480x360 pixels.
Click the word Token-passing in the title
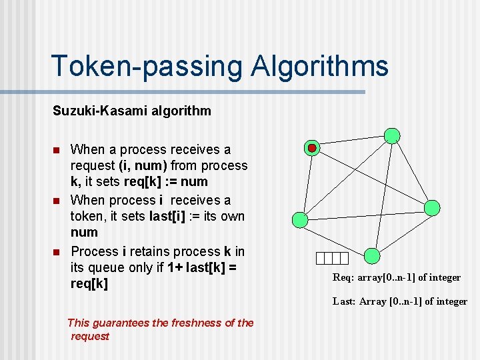tap(145, 67)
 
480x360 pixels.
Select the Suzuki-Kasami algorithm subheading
tap(132, 111)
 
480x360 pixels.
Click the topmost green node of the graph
tap(393, 136)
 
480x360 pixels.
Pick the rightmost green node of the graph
tap(432, 207)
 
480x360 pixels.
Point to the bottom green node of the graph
tap(373, 256)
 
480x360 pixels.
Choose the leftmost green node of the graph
tap(301, 219)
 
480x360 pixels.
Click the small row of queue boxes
tap(333, 259)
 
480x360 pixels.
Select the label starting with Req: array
tap(397, 277)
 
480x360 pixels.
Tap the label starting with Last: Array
tap(400, 301)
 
